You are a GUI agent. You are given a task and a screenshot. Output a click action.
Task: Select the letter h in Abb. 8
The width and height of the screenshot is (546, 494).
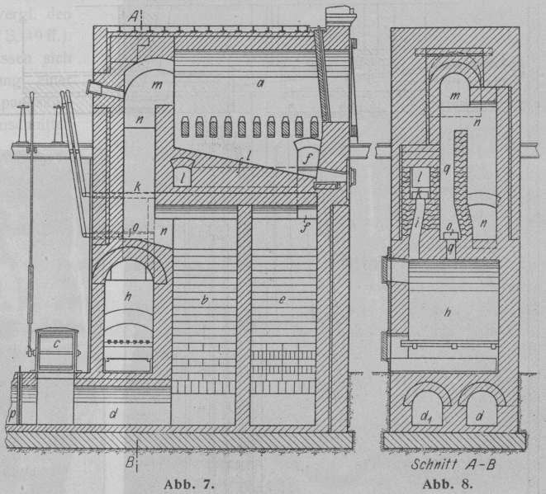click(x=448, y=312)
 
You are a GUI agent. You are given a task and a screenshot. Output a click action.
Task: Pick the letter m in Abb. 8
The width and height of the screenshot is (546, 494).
click(x=452, y=96)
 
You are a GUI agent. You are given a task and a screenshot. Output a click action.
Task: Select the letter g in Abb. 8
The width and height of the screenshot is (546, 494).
click(x=449, y=246)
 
